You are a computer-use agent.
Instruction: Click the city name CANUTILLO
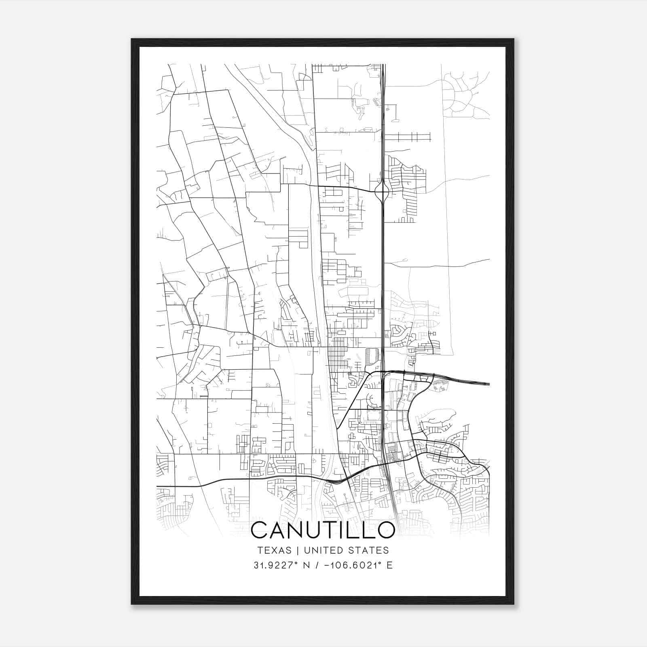323,530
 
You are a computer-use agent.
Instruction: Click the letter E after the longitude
389,565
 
